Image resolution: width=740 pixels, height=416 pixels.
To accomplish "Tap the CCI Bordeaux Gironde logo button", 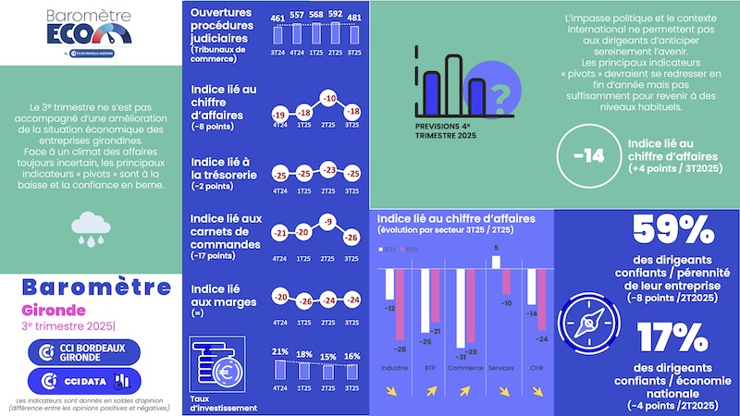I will click(x=90, y=351).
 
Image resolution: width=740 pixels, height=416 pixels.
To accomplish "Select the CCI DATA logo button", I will click(x=90, y=380).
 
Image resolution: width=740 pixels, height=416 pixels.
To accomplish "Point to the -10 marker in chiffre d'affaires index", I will click(x=327, y=97).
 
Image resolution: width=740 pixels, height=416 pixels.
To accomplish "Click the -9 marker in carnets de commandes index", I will click(x=327, y=222).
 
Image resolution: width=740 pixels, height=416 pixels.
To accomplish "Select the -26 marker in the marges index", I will click(x=302, y=300).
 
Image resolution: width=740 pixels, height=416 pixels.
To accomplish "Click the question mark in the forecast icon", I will click(x=499, y=94).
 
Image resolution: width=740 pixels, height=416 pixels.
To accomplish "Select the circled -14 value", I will click(x=588, y=155).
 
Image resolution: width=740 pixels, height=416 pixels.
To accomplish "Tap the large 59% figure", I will click(x=672, y=232).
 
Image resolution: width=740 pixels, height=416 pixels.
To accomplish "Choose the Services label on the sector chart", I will click(x=500, y=367).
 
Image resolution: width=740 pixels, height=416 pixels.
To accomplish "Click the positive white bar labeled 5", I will click(x=497, y=262).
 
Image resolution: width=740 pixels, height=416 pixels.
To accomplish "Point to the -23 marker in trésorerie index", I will click(x=327, y=169).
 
